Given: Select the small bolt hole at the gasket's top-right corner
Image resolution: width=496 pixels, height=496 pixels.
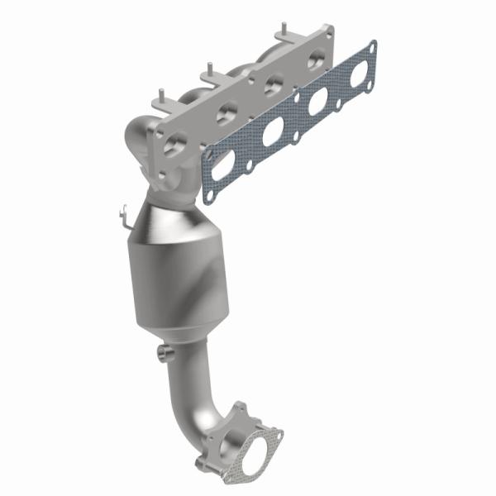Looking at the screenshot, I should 370,47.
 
